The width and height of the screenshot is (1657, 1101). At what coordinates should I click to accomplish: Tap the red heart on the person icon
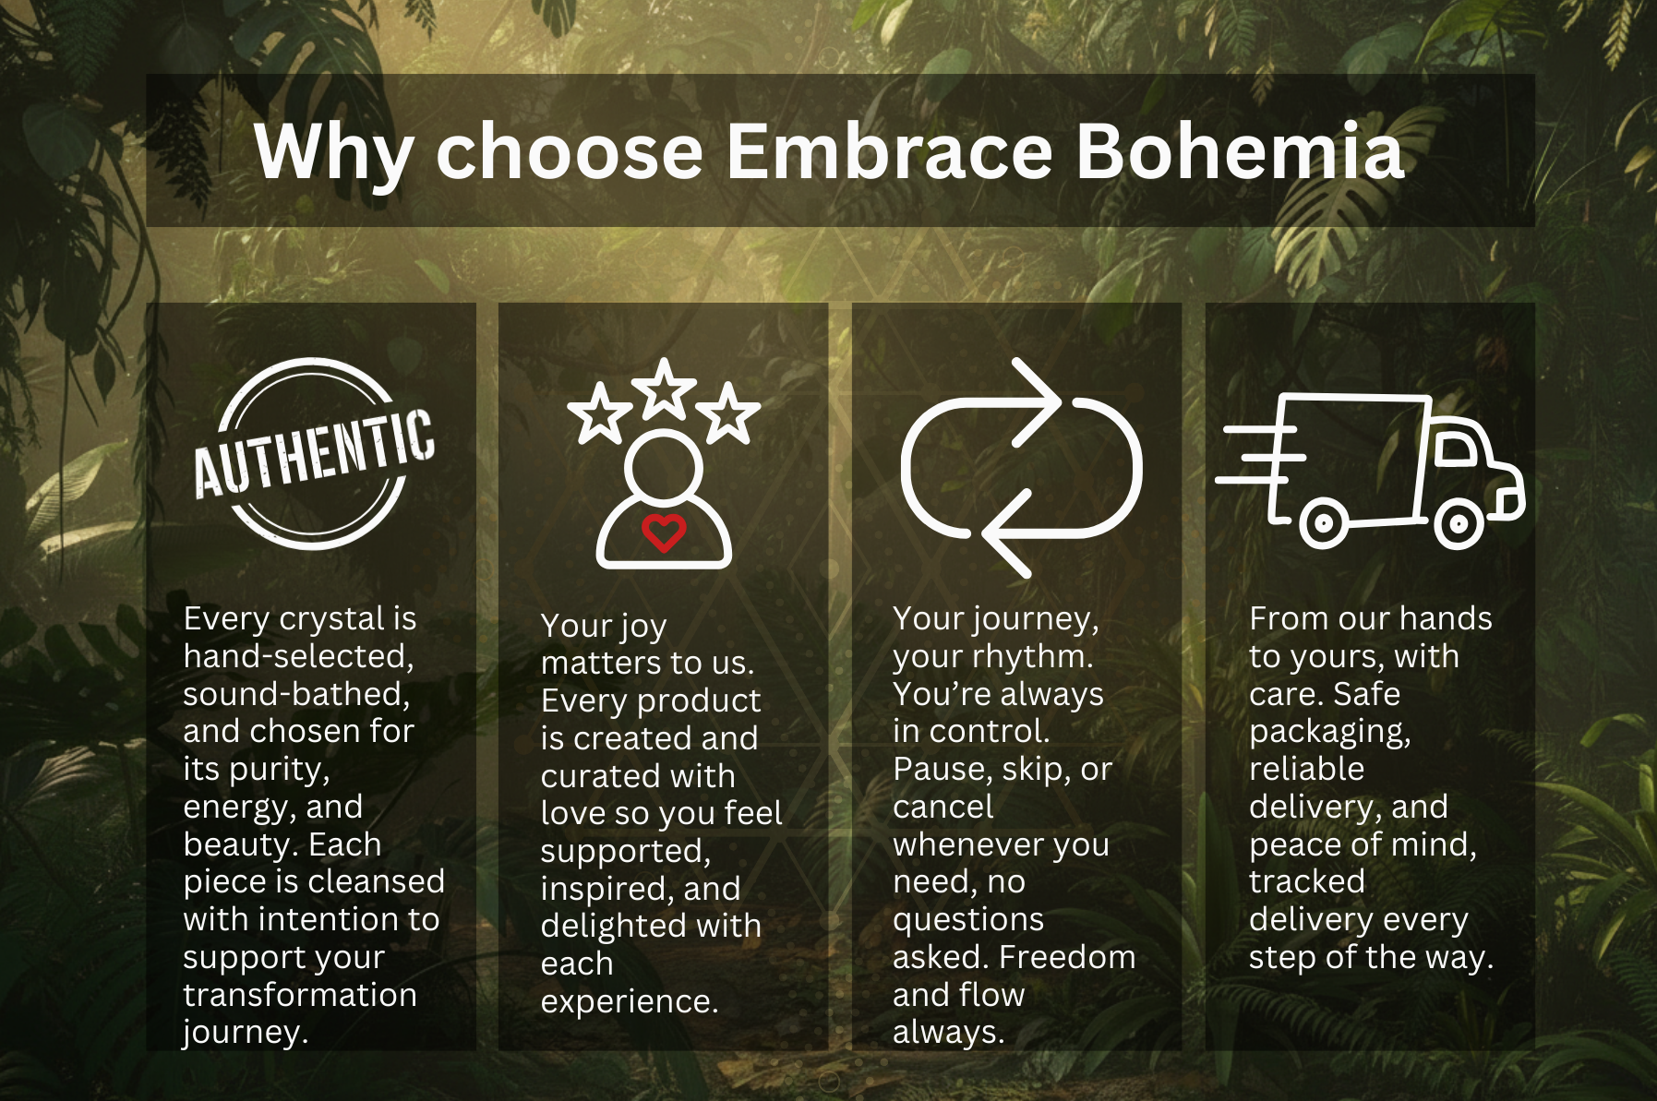tap(664, 533)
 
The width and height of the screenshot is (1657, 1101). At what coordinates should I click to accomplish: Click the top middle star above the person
tap(664, 389)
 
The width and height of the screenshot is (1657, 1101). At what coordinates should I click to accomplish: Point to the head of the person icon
tap(664, 468)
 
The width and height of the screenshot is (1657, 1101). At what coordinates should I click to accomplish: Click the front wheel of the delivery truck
tap(1458, 524)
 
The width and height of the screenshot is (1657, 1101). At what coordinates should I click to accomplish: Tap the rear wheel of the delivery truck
tap(1323, 524)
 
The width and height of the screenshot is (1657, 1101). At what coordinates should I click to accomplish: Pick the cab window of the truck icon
tap(1457, 449)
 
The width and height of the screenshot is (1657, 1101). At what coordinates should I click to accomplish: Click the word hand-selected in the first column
tap(298, 656)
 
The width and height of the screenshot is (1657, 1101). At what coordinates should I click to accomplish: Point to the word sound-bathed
tap(296, 694)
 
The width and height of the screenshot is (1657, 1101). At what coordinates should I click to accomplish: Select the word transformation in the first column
tap(300, 995)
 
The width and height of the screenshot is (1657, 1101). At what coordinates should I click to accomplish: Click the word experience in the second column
tap(630, 1002)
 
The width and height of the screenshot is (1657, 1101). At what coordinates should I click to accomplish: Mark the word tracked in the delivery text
tap(1307, 881)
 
